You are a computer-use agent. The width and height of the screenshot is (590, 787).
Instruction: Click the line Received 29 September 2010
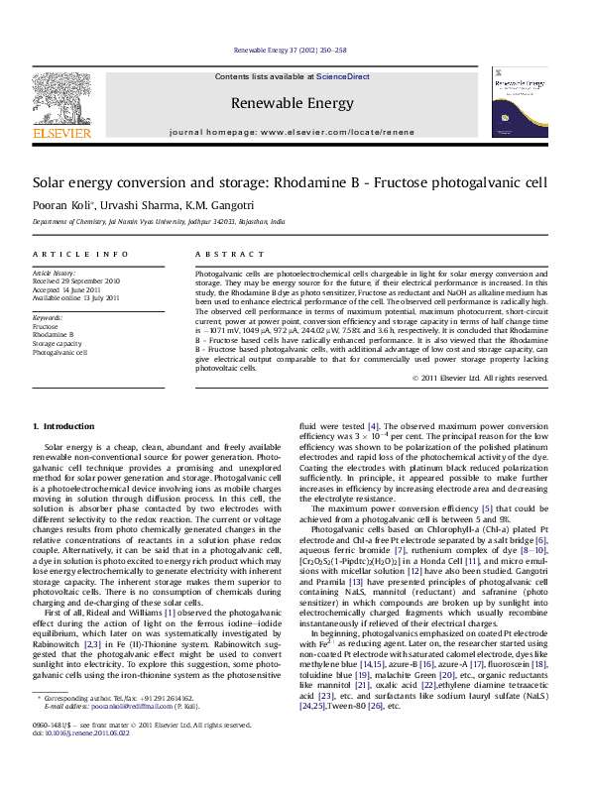[76, 281]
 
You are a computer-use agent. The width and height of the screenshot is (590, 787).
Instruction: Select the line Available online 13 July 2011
[76, 297]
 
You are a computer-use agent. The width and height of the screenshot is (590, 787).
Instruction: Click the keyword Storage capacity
[57, 343]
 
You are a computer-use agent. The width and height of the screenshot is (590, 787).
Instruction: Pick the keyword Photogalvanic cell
[59, 352]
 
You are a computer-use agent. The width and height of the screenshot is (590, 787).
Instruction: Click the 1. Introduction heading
[63, 425]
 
